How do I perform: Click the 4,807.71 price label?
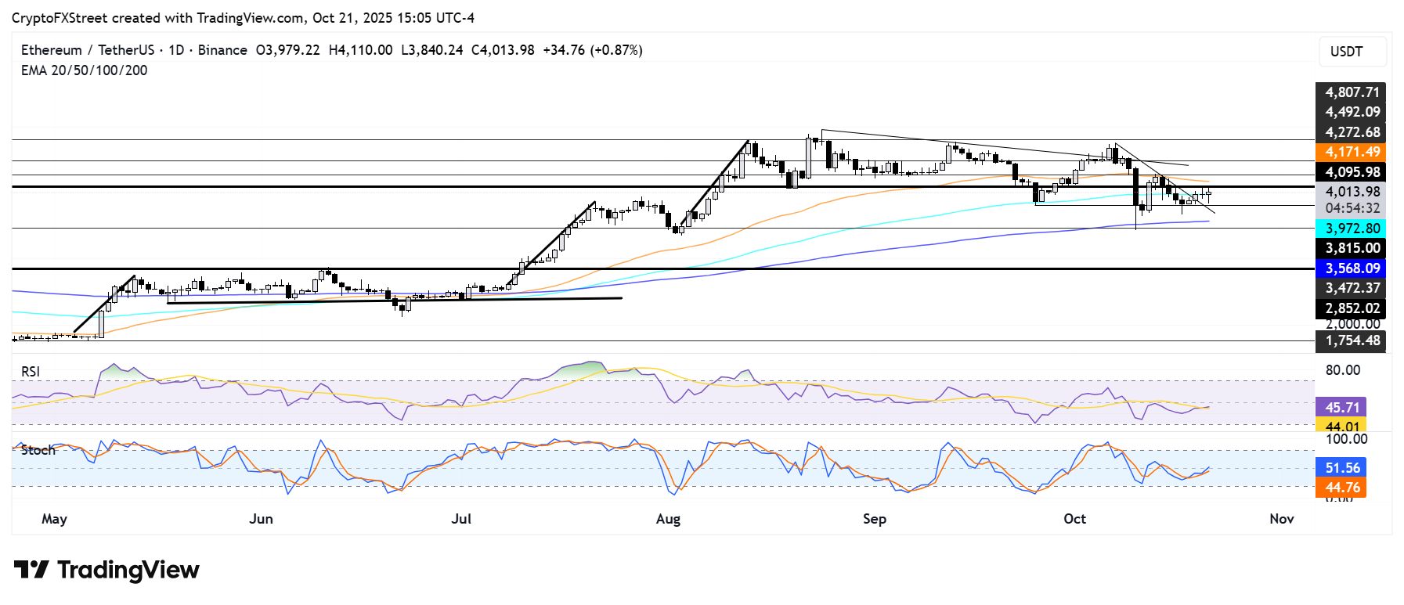(1352, 92)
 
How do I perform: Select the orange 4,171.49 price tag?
(1352, 152)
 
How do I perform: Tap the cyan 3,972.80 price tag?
(1352, 229)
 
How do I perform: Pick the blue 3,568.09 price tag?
(1352, 268)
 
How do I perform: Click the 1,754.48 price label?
(1352, 340)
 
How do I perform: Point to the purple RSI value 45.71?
(1341, 408)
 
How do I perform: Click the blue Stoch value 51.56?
(1341, 468)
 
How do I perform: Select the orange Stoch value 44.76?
(1341, 488)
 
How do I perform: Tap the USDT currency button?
(1346, 52)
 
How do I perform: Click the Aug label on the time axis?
(668, 519)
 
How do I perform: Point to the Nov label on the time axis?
(1281, 519)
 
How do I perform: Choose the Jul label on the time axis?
(461, 519)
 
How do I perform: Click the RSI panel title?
(31, 372)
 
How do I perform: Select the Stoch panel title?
(38, 450)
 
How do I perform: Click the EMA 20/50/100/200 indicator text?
(84, 70)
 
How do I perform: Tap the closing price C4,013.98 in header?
(503, 50)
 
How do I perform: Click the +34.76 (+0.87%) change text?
(593, 50)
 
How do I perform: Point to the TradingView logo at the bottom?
(106, 570)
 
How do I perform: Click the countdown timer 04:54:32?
(1352, 209)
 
